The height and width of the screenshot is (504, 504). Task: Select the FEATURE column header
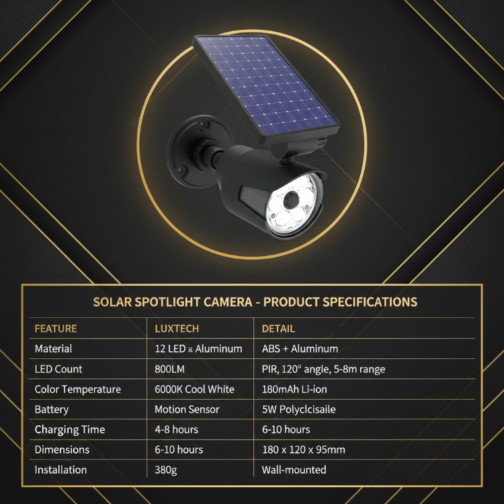tap(56, 329)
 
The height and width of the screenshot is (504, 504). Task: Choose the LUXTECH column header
tap(177, 329)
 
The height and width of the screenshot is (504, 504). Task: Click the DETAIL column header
tap(278, 329)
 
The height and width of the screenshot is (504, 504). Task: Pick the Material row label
tap(53, 349)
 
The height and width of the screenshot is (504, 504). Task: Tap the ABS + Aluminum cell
tap(300, 349)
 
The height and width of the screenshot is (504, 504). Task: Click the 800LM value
tap(169, 369)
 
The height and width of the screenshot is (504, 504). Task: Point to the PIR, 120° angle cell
tap(323, 369)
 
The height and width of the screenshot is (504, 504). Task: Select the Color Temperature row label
tap(78, 389)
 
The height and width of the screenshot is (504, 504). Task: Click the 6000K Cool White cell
tap(194, 389)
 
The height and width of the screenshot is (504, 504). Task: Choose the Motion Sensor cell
tap(187, 409)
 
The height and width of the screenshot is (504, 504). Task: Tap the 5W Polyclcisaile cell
tap(299, 409)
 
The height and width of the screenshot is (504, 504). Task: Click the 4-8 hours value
tap(176, 429)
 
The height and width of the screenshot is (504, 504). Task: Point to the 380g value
tap(165, 470)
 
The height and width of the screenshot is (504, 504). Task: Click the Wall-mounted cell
tap(294, 470)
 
